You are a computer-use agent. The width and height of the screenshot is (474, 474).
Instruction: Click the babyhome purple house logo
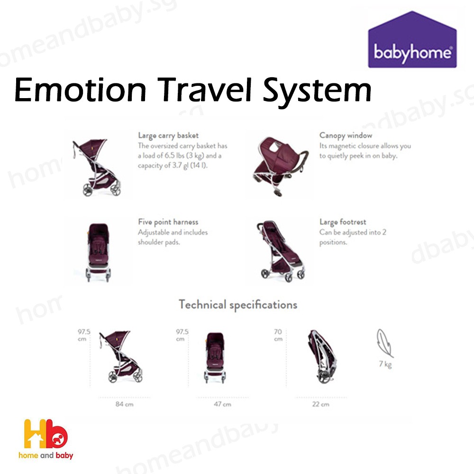412,40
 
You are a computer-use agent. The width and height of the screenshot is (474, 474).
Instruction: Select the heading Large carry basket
168,136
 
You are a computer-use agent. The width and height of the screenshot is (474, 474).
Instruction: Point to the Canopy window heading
346,136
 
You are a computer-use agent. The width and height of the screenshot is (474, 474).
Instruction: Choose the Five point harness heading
168,222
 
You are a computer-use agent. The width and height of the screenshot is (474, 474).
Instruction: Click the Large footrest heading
343,222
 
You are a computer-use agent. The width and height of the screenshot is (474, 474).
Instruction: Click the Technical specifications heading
238,305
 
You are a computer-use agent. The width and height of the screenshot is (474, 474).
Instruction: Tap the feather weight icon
385,343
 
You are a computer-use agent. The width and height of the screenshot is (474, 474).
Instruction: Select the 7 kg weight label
385,364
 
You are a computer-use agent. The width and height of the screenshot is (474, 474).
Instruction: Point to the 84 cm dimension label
125,404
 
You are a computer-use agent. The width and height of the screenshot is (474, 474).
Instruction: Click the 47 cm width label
222,404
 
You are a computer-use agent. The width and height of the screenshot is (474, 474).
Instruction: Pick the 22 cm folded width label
321,404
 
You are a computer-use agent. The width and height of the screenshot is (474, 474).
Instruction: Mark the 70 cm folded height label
278,335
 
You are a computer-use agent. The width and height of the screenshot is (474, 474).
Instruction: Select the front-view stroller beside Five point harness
98,253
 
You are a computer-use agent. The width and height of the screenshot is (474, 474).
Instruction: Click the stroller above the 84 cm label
121,357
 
